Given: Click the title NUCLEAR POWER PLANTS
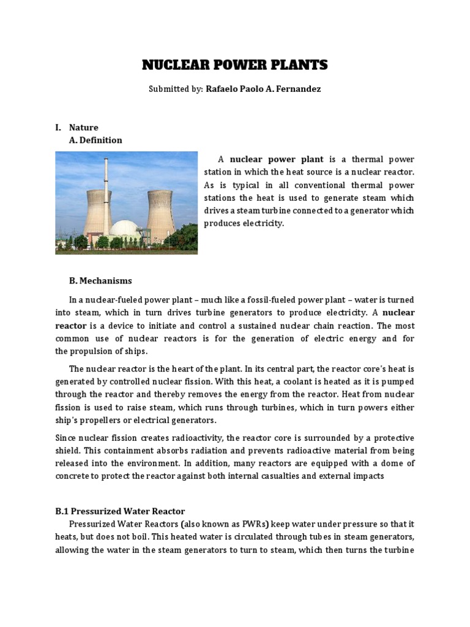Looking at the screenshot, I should pyautogui.click(x=235, y=66).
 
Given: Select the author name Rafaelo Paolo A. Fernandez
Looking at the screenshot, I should pyautogui.click(x=263, y=89).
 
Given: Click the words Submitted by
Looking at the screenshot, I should pyautogui.click(x=176, y=89).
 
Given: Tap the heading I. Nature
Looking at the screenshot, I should pyautogui.click(x=76, y=127).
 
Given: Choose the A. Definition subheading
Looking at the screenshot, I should pyautogui.click(x=95, y=140).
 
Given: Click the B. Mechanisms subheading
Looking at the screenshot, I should pyautogui.click(x=100, y=281).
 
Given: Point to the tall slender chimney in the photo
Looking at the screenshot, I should pyautogui.click(x=106, y=184).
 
